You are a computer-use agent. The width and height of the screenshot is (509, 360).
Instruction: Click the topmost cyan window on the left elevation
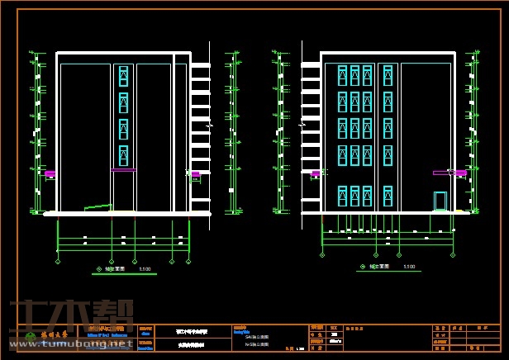(123, 76)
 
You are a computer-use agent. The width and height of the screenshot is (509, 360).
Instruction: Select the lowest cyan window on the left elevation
(123, 155)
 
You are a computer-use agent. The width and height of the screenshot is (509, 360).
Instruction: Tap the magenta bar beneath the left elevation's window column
(123, 170)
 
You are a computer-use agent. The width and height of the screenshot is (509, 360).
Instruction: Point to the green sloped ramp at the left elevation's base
(98, 206)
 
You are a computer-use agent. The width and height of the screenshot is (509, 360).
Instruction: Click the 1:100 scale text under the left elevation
(145, 269)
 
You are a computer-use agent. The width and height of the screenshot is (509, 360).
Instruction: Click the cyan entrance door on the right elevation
(440, 201)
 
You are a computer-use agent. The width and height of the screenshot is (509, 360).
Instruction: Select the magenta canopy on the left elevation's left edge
(50, 174)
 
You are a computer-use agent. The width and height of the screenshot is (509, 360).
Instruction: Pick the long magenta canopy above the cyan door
(441, 173)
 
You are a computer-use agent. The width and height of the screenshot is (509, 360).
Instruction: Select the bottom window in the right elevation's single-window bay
(388, 196)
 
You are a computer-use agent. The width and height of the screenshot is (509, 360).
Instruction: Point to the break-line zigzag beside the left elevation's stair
(209, 125)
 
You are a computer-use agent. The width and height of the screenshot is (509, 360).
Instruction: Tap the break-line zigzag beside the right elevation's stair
(302, 125)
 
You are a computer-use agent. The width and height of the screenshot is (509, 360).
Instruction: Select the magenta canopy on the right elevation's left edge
(316, 174)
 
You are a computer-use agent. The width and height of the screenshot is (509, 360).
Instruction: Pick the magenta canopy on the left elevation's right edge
(195, 174)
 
